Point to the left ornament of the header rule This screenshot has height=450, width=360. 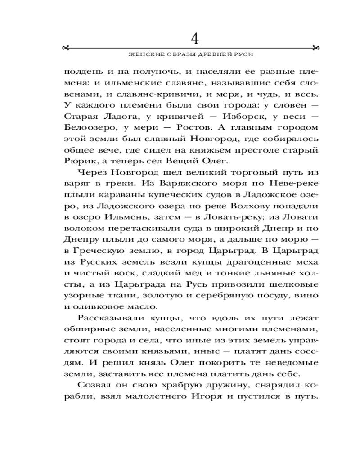66,48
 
